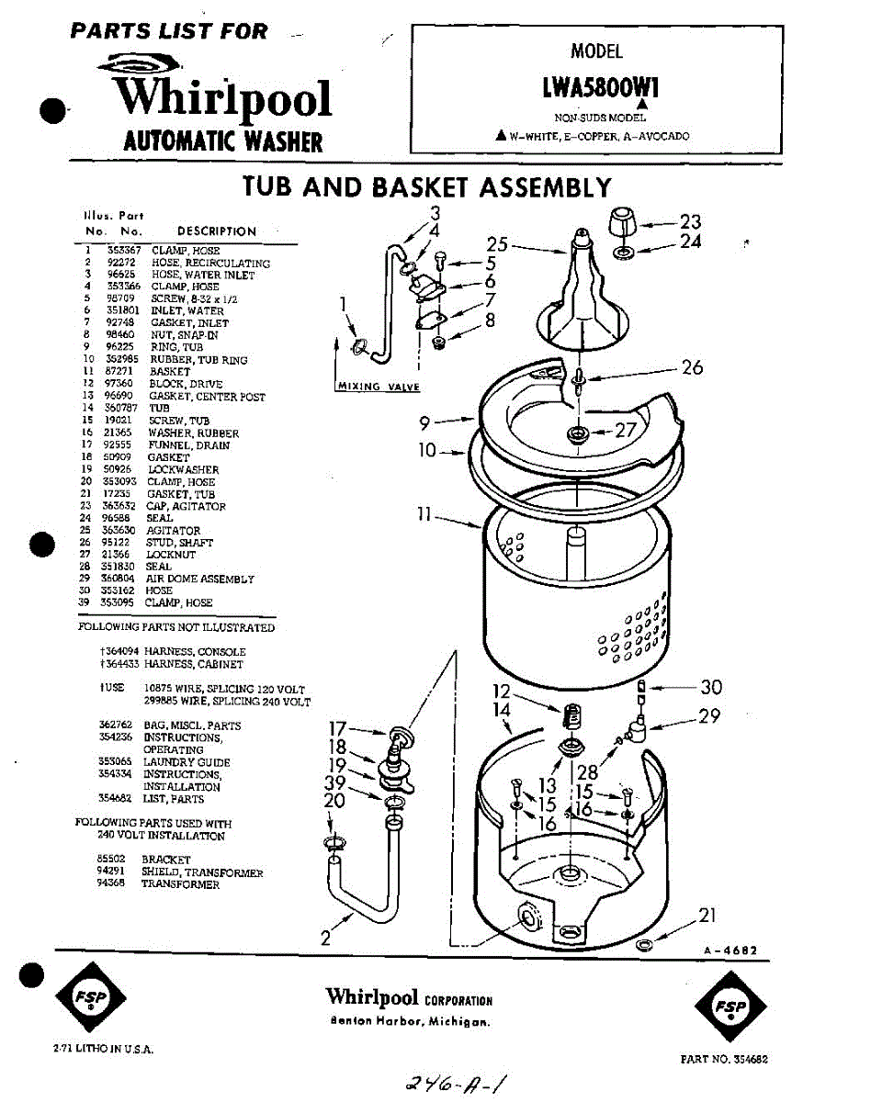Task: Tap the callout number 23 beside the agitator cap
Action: click(690, 221)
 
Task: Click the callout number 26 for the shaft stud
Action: click(692, 367)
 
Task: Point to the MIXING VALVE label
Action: click(379, 387)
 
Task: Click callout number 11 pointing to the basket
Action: click(424, 515)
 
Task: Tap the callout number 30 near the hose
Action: click(710, 687)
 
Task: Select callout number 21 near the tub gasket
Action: click(707, 916)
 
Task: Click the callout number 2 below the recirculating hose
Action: click(325, 938)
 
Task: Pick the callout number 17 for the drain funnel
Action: click(338, 730)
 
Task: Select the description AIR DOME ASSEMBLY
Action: click(199, 579)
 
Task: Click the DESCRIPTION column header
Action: click(216, 231)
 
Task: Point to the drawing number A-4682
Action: click(729, 951)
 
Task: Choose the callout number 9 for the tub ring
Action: click(425, 423)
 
